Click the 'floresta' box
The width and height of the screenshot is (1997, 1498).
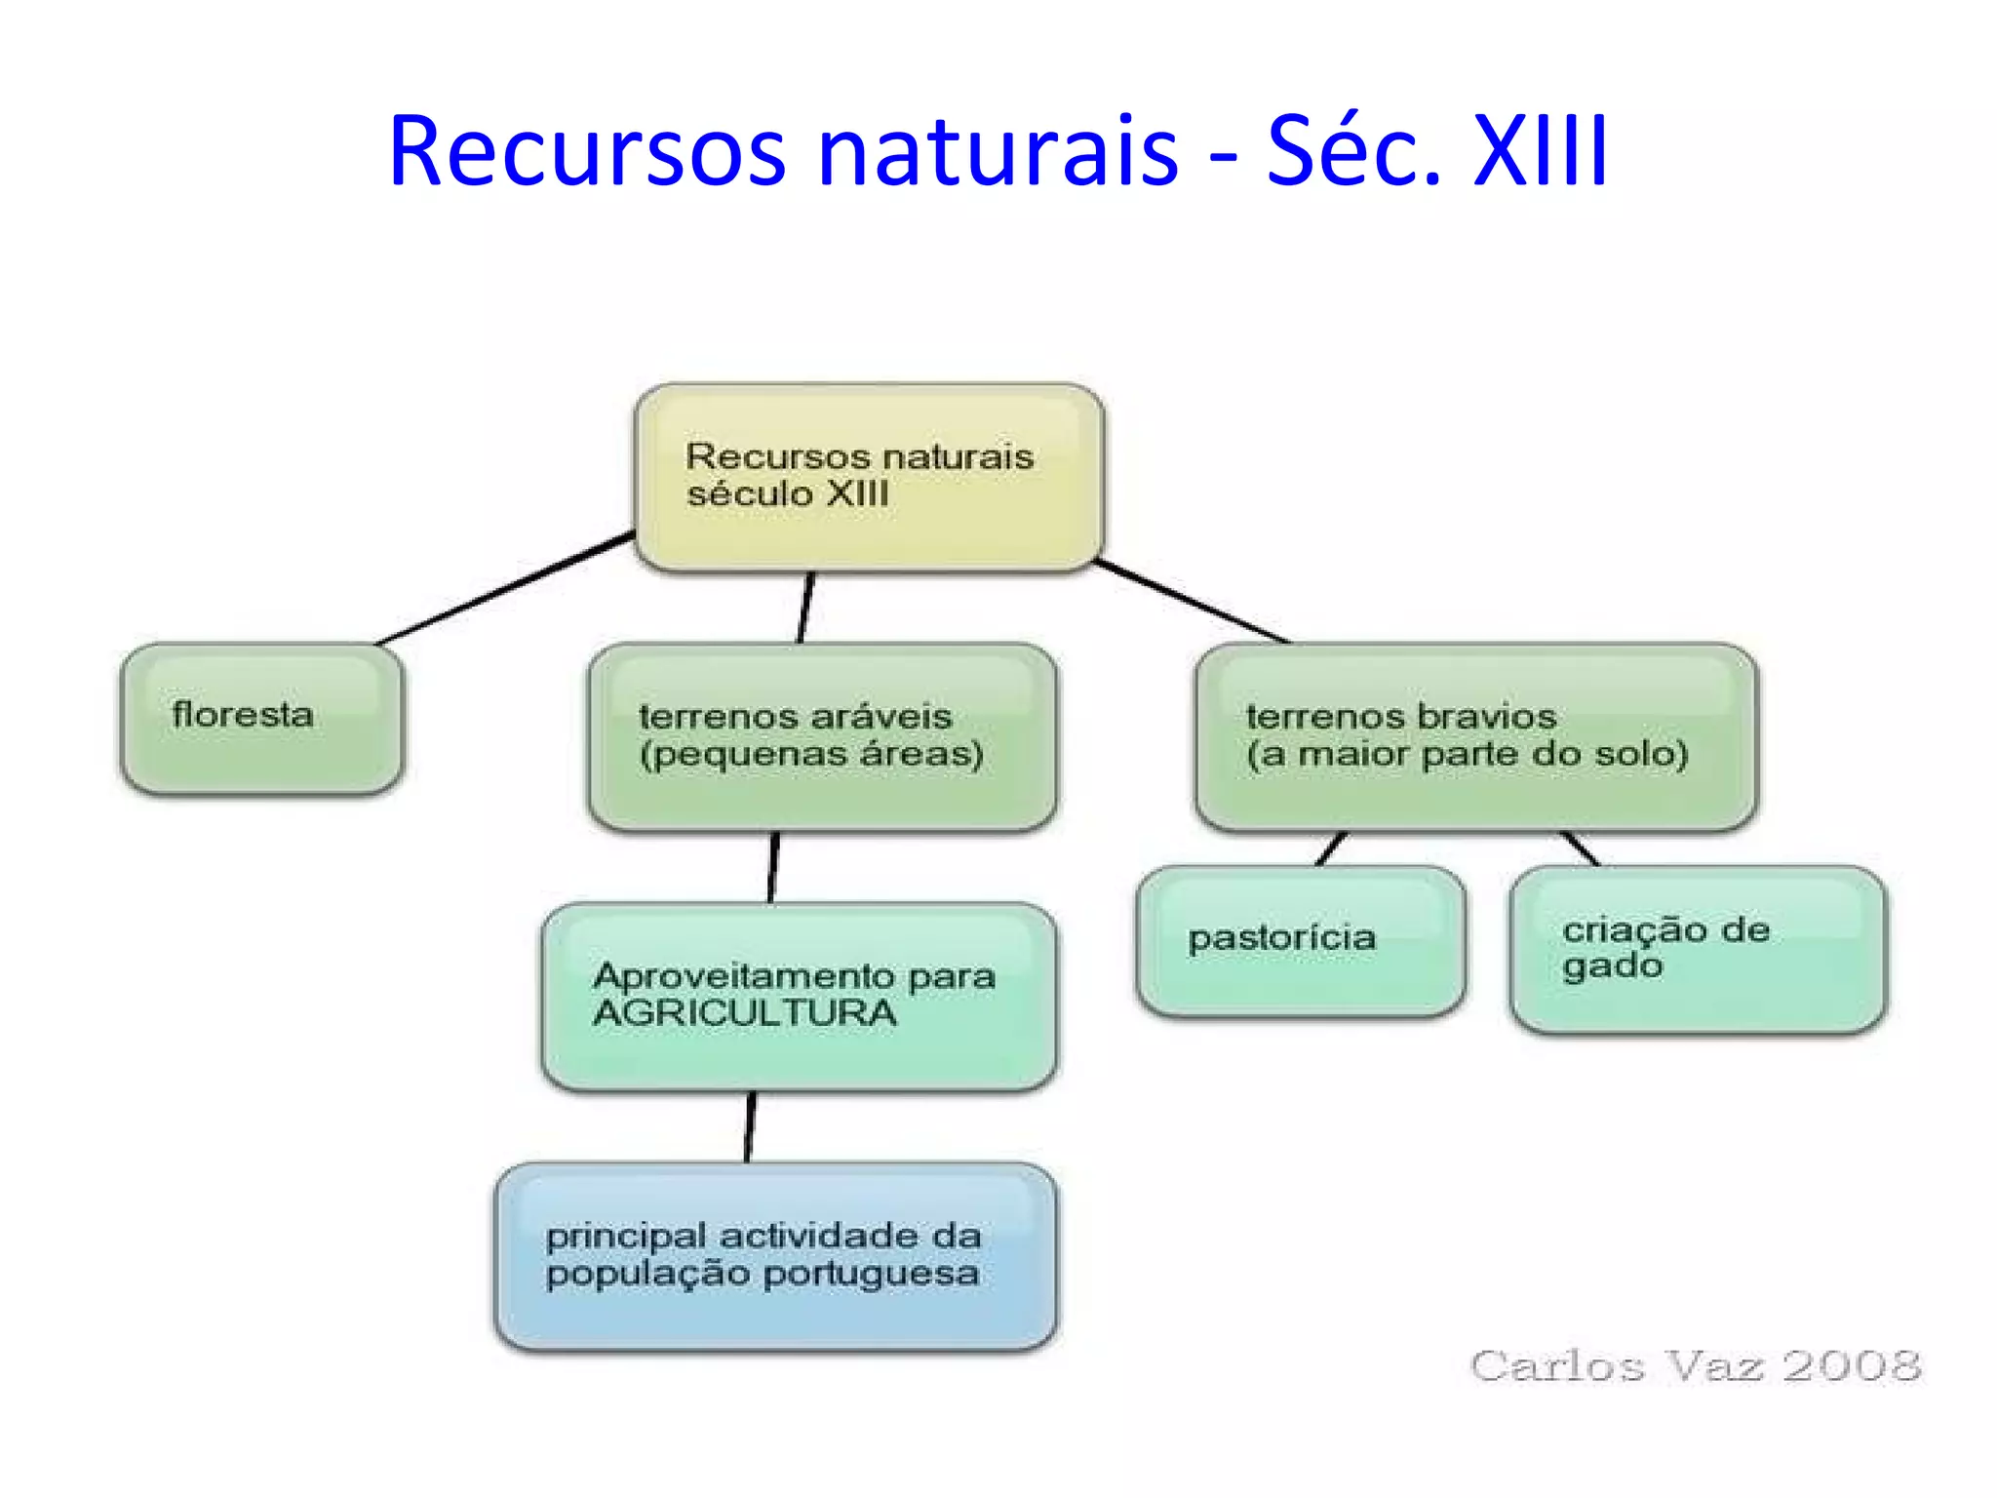261,718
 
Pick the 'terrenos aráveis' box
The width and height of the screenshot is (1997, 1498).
822,736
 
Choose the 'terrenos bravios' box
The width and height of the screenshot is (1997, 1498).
1475,736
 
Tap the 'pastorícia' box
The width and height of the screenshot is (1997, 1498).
1300,940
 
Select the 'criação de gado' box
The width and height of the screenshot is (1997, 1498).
1698,948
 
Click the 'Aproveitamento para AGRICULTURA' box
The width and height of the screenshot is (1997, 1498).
799,996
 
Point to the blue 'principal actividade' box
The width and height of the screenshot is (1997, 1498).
776,1255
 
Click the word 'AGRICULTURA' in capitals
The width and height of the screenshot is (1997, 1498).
745,1013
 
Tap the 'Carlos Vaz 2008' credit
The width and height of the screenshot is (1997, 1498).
1696,1365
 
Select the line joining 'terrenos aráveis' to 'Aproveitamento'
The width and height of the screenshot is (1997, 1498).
774,867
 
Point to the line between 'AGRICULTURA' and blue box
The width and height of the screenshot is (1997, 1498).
750,1126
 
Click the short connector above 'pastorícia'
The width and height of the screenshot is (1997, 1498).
1331,848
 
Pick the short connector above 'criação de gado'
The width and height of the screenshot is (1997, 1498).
1580,848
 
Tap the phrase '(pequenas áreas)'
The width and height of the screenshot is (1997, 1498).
811,754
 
